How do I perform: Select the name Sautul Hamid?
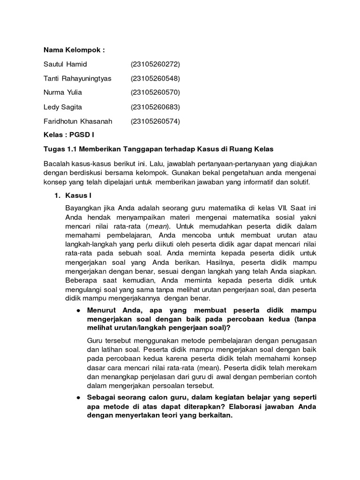tap(65, 64)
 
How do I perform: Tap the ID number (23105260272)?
tap(155, 64)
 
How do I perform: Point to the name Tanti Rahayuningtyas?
tap(77, 78)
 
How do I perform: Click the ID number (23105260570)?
tap(155, 92)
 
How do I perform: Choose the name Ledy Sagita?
tap(62, 107)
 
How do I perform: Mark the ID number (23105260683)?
tap(155, 107)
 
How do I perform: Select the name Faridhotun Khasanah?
tap(78, 121)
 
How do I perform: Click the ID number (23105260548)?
tap(155, 78)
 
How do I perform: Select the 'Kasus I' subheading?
tap(77, 195)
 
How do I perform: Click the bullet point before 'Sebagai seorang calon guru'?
tap(77, 397)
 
